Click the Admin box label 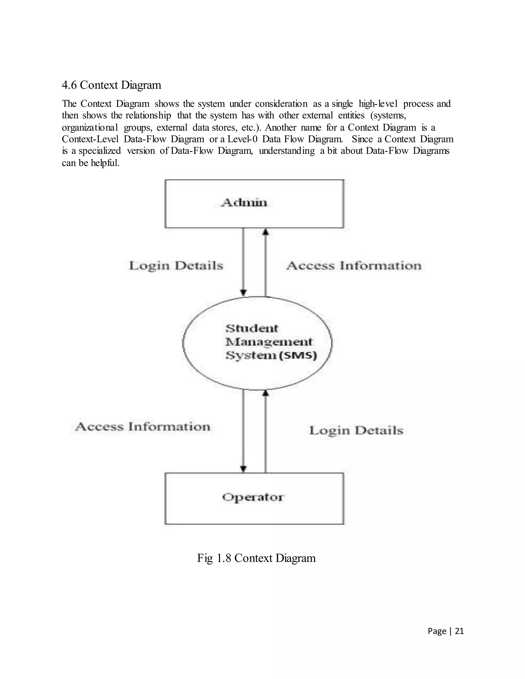(x=244, y=203)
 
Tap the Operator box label (x=253, y=497)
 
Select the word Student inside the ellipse (x=252, y=328)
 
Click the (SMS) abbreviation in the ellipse (x=298, y=355)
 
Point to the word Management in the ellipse (x=269, y=342)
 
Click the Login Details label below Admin (x=176, y=266)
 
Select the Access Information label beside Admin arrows (x=354, y=266)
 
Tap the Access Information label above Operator (x=143, y=427)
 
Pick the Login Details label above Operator (x=356, y=431)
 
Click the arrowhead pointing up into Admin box (x=265, y=231)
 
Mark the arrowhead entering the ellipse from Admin (x=244, y=293)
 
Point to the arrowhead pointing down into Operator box (x=244, y=469)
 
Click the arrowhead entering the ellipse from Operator (x=265, y=393)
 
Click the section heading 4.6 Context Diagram (x=111, y=85)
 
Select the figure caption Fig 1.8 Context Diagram (x=256, y=558)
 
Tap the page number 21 (x=459, y=631)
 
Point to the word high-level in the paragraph (x=378, y=104)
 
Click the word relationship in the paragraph (x=148, y=115)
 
